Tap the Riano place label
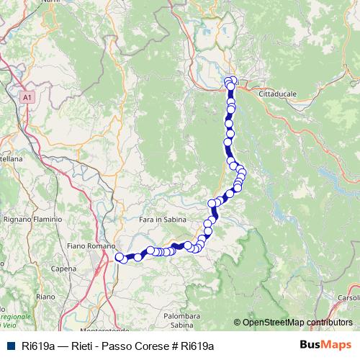pos(45,296)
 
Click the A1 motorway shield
pos(27,96)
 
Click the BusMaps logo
pos(325,345)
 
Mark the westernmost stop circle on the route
pos(119,256)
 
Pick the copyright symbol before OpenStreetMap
pos(238,323)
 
